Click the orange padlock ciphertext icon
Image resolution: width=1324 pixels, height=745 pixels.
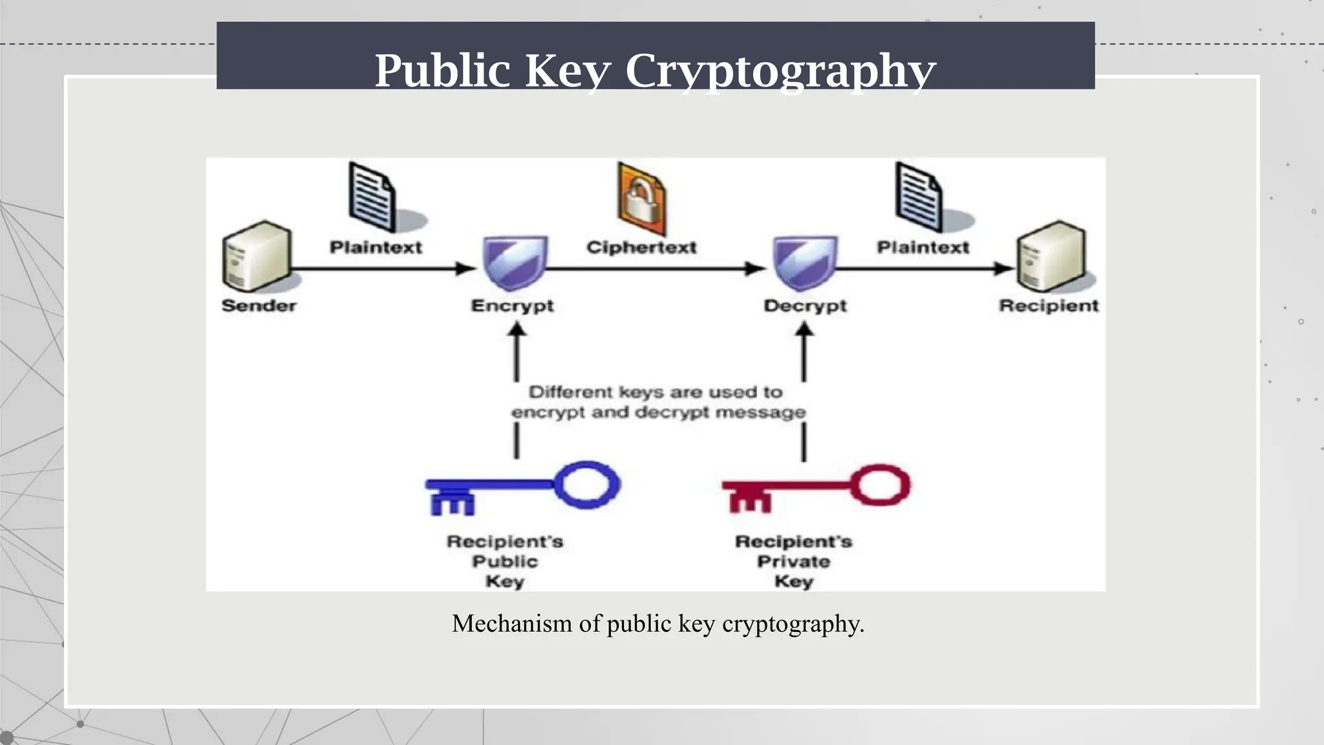(641, 199)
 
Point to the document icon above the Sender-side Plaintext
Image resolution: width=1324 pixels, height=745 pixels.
(372, 197)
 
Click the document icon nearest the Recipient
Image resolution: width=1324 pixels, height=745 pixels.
(919, 197)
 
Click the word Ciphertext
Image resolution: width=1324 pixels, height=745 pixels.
(641, 247)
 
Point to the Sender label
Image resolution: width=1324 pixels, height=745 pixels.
(259, 305)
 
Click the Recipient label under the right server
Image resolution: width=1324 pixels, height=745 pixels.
(1048, 305)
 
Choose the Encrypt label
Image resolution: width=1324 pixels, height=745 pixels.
(512, 305)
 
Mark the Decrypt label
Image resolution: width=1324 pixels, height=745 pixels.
(805, 305)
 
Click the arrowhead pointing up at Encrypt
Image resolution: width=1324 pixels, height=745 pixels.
(516, 330)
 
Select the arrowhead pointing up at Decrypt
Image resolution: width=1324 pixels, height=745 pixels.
(804, 330)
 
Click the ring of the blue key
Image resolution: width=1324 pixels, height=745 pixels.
(586, 484)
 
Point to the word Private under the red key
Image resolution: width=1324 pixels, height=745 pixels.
(793, 561)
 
